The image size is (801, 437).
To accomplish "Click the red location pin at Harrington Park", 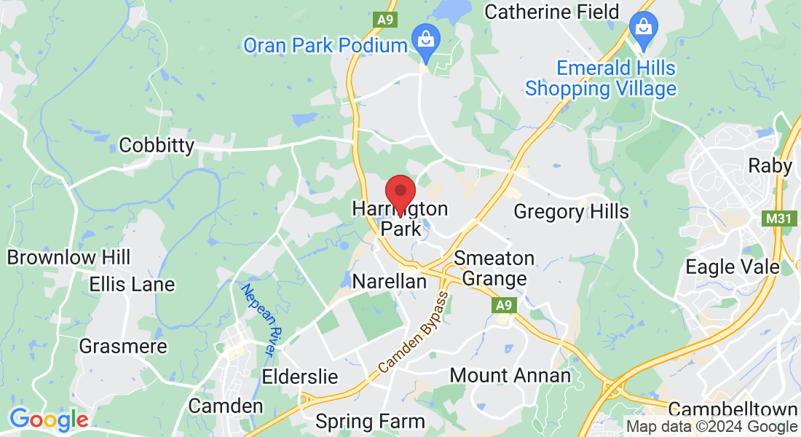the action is coord(400,193).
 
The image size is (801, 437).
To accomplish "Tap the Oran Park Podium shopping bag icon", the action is coord(423,38).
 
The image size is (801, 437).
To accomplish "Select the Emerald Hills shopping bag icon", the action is coord(644,28).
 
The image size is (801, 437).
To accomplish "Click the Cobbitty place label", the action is coord(157,145).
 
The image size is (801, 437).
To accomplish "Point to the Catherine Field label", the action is coord(551,12).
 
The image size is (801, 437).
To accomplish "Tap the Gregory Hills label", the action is coord(571,212).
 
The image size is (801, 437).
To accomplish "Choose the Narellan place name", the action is coord(389,281).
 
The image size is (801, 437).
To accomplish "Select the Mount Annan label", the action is coord(510,376).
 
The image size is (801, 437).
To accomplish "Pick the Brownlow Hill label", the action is coord(68,257).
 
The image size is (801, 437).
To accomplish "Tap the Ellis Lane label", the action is coord(132,284).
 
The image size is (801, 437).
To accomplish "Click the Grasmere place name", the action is coord(123,346).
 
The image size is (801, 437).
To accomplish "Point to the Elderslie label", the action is coord(300,377).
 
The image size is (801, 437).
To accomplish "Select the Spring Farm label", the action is coord(370,421).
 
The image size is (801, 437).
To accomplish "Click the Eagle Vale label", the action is coord(733,267).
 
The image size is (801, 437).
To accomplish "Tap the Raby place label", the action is coord(770,166).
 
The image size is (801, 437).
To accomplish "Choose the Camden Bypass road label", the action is coord(413,332).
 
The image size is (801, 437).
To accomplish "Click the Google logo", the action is coord(49,420).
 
